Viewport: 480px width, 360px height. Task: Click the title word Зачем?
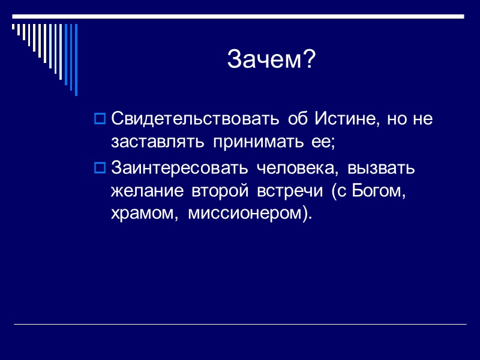pyautogui.click(x=271, y=59)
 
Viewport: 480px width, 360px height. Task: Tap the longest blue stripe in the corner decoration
pyautogui.click(x=76, y=59)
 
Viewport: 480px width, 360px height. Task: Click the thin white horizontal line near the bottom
pyautogui.click(x=240, y=325)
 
